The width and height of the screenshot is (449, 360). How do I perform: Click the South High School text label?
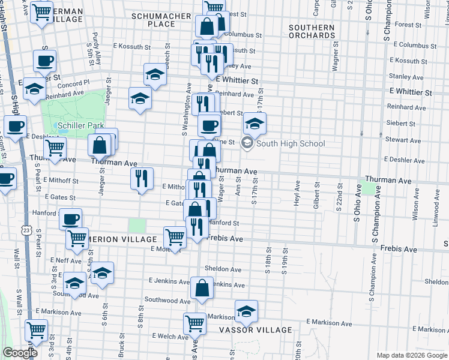point(291,143)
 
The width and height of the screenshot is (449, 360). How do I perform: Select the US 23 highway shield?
point(25,230)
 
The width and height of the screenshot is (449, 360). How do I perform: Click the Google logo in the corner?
point(20,353)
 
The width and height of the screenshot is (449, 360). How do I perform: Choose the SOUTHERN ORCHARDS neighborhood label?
point(312,31)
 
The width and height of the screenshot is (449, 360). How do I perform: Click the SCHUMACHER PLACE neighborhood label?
point(161,20)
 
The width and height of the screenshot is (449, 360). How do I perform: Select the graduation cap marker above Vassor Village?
point(246,311)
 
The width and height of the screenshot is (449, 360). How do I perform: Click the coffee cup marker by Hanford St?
point(70,219)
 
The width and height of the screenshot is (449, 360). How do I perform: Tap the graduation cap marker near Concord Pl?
point(34,88)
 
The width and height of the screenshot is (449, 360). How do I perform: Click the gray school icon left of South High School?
point(247,143)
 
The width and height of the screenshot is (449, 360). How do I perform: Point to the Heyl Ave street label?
point(297,193)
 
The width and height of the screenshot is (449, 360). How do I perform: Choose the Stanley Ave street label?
point(406,77)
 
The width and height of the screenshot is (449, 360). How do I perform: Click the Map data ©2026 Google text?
point(411,355)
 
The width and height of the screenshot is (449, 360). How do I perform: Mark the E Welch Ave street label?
point(172,336)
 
